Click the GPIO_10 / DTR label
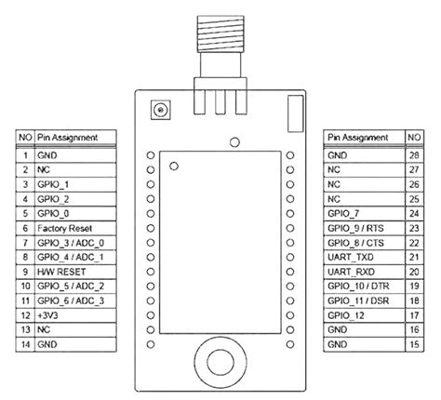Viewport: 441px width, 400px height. pos(358,287)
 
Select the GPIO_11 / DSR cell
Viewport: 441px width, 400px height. pos(358,301)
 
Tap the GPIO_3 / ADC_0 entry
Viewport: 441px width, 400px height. pos(71,243)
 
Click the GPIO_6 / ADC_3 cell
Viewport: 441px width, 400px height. pos(71,301)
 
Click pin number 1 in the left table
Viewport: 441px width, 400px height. pos(25,154)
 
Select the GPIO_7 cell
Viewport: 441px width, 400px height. pos(343,213)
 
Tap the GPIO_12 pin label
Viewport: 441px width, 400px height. pos(345,316)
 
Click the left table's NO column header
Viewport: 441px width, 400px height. pos(25,138)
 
